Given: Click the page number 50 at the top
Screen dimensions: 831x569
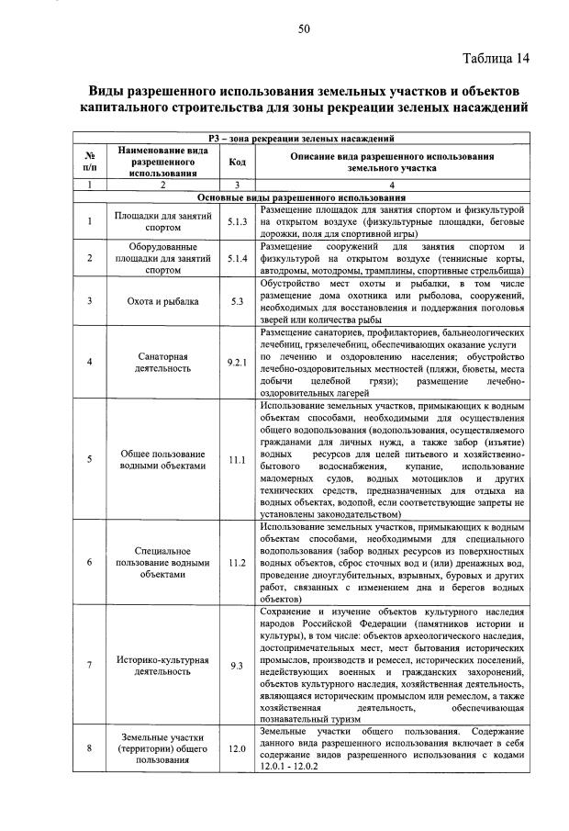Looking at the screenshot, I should (304, 29).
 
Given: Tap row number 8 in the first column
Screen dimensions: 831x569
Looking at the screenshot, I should (89, 748).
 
